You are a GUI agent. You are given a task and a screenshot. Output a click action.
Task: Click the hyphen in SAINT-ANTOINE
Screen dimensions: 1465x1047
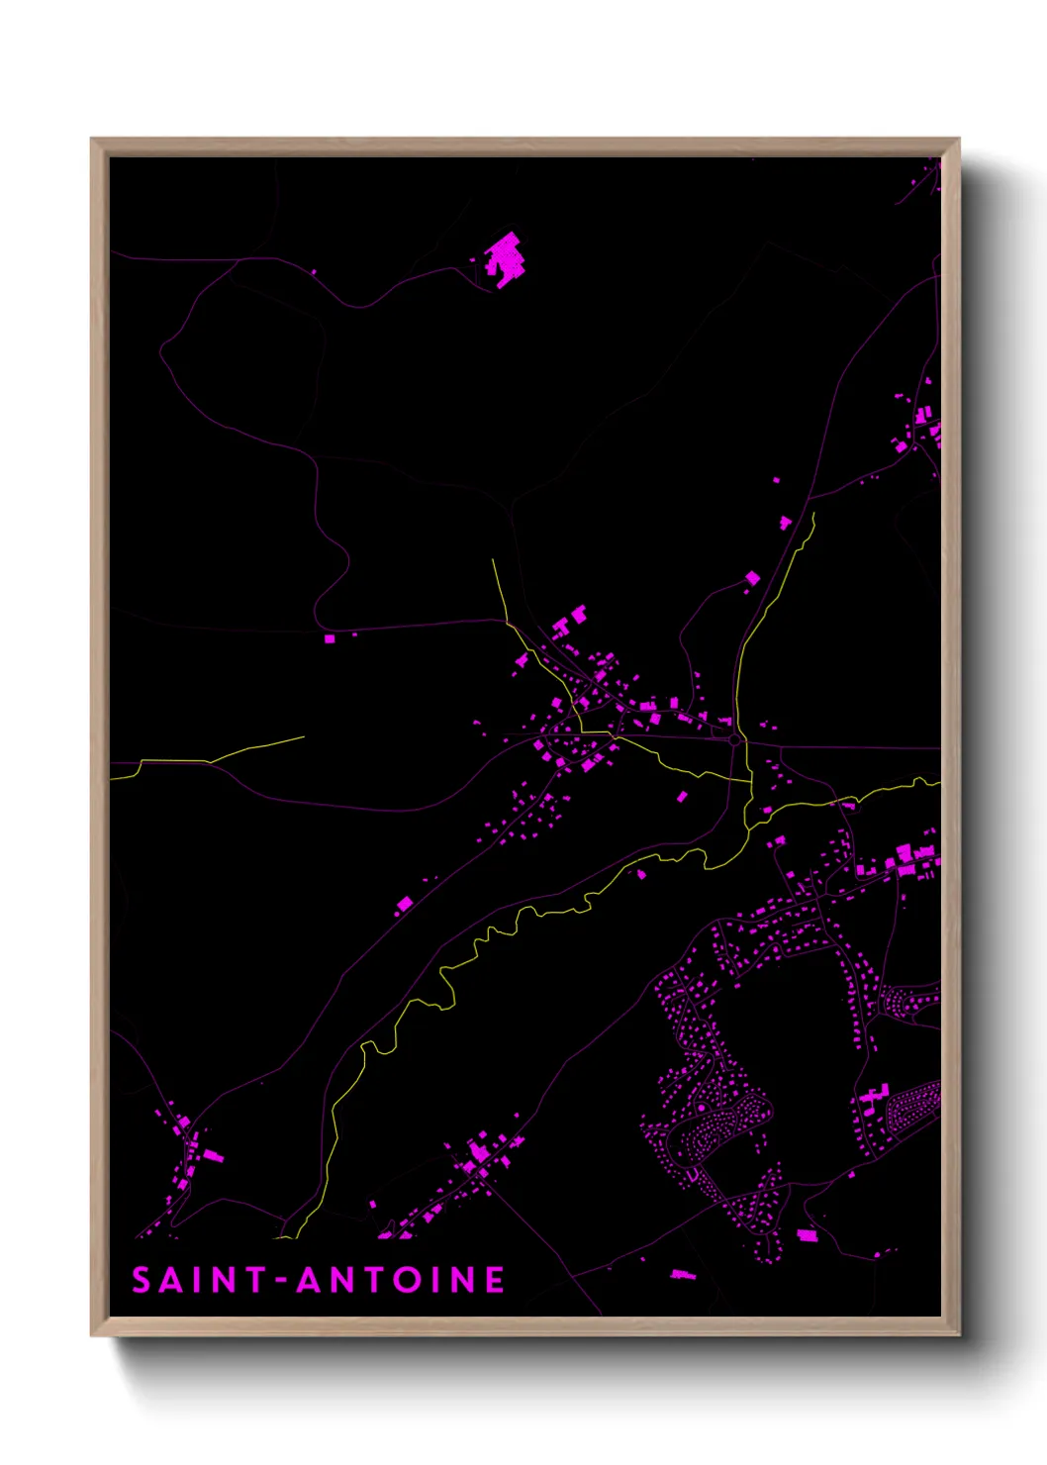point(281,1281)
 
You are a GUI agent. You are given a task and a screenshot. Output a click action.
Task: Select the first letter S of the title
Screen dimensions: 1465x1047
point(142,1281)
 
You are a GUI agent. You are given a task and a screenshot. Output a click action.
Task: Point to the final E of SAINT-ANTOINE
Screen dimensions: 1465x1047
point(494,1281)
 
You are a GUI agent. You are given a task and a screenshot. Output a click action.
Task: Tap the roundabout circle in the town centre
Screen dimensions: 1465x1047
point(734,739)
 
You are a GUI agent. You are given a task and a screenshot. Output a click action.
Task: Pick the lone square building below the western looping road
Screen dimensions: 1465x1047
point(330,638)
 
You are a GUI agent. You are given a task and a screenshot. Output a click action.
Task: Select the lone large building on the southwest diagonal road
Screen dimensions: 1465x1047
point(404,903)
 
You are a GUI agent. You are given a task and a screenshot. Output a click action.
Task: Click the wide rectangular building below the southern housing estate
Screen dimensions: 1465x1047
point(808,1234)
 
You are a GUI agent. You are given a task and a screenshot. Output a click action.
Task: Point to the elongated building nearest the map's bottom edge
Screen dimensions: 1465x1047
point(682,1274)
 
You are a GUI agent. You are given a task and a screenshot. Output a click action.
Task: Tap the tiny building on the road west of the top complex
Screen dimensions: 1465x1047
point(314,272)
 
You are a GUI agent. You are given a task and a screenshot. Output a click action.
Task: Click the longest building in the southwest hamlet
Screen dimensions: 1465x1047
point(214,1155)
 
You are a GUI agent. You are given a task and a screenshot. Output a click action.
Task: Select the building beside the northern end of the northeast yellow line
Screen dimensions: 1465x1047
point(785,522)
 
